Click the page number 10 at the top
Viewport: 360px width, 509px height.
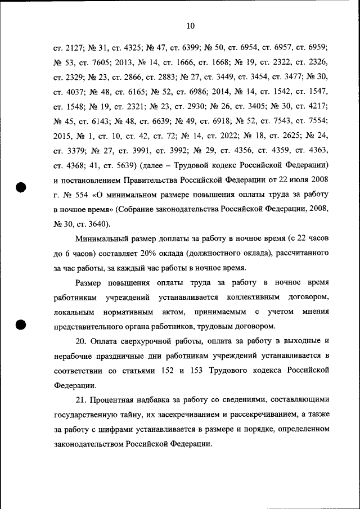tap(190, 25)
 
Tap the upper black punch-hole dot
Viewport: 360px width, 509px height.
tap(21, 188)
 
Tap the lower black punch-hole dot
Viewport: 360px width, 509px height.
tap(21, 325)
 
